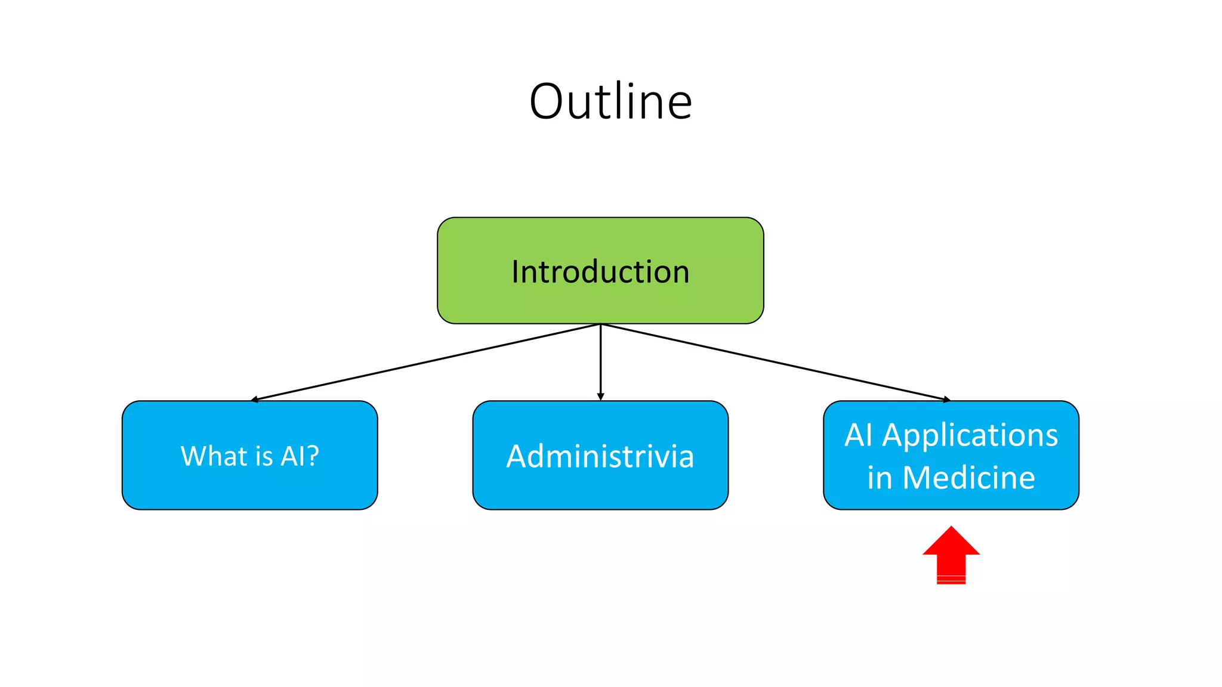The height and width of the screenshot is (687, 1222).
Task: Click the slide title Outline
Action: [610, 101]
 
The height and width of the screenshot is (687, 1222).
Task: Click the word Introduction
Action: [600, 272]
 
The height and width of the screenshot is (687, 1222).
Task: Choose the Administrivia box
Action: [600, 489]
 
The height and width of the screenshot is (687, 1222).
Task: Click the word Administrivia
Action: [600, 457]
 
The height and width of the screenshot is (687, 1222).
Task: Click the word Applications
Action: [970, 435]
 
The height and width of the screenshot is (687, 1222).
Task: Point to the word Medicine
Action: [969, 478]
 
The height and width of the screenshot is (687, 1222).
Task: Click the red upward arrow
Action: [951, 558]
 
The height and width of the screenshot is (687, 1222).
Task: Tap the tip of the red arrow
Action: [952, 528]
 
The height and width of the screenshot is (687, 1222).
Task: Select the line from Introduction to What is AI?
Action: [427, 361]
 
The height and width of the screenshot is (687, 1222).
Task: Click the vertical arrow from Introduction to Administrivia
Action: [600, 361]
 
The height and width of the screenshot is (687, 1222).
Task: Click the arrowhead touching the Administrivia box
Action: [600, 397]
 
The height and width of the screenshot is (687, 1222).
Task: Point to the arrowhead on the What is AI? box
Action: [255, 400]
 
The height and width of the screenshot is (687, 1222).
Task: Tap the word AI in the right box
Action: [859, 435]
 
